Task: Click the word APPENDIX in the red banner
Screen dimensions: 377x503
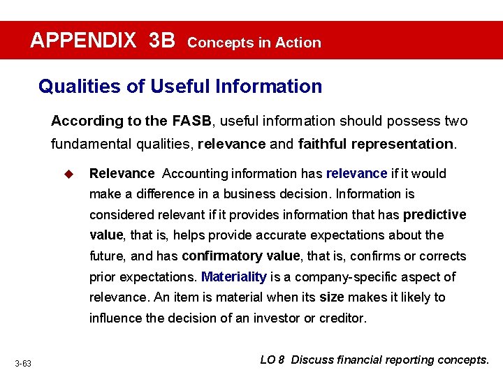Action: tap(83, 40)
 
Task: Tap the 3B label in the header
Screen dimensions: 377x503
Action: tap(162, 40)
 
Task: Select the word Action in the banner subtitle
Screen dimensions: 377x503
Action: tap(298, 43)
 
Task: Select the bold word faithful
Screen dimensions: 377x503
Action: tap(322, 145)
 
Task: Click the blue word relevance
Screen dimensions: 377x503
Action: tap(356, 173)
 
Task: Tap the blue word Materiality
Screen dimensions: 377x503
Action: tap(234, 276)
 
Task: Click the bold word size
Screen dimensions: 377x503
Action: tap(331, 297)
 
